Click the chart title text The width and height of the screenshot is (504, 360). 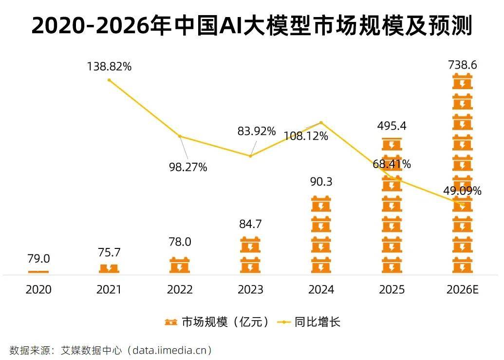click(252, 26)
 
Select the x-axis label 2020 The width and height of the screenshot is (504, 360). click(38, 290)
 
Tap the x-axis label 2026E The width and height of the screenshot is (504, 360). click(462, 290)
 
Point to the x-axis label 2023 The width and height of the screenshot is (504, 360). click(250, 290)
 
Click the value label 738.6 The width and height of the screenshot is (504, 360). click(462, 64)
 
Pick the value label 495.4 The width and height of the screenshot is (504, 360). click(392, 126)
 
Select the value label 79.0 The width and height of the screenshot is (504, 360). click(38, 258)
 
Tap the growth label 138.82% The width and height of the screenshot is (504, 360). click(109, 67)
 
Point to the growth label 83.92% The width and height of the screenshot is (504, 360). click(257, 131)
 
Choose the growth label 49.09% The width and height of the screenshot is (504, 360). click(462, 190)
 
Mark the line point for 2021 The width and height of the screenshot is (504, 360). click(109, 80)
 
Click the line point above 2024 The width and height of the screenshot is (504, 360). click(321, 122)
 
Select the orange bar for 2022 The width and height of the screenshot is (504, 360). click(180, 265)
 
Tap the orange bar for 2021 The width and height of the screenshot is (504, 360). click(109, 268)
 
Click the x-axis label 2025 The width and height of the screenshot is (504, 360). click(392, 290)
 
